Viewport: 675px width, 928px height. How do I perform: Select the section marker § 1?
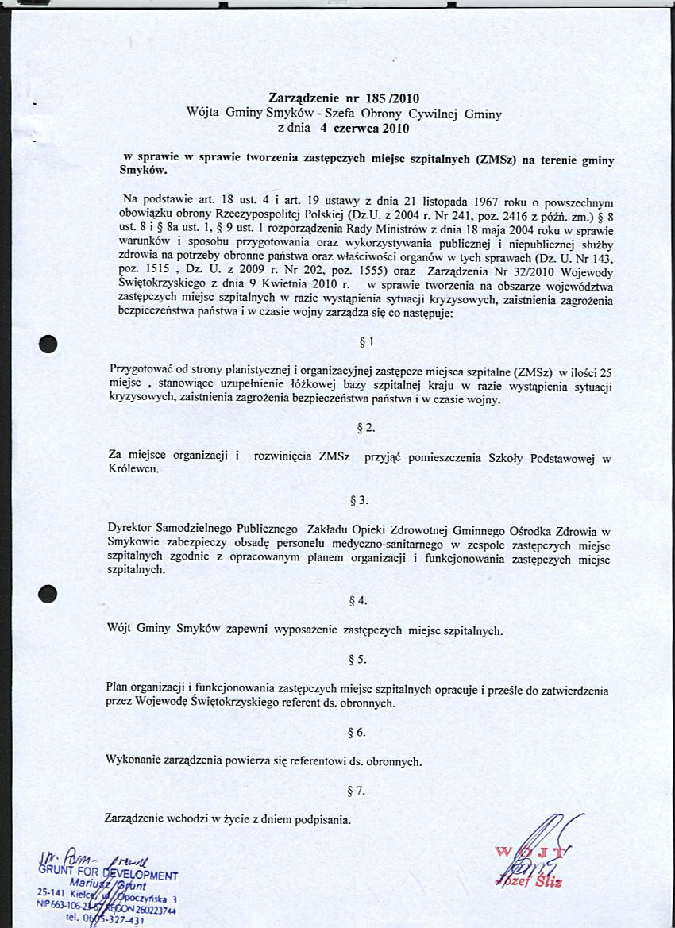click(366, 342)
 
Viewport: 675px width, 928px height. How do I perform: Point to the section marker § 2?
click(366, 429)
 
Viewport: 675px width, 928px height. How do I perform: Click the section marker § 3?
click(359, 501)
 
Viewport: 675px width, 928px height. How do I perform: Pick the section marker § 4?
click(358, 601)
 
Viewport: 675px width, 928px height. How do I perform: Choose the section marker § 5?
click(357, 660)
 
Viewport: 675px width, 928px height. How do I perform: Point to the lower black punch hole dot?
click(48, 595)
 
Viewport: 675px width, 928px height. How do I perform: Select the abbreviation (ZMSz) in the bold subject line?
click(496, 159)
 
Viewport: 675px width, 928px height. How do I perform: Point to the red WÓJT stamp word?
click(533, 855)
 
